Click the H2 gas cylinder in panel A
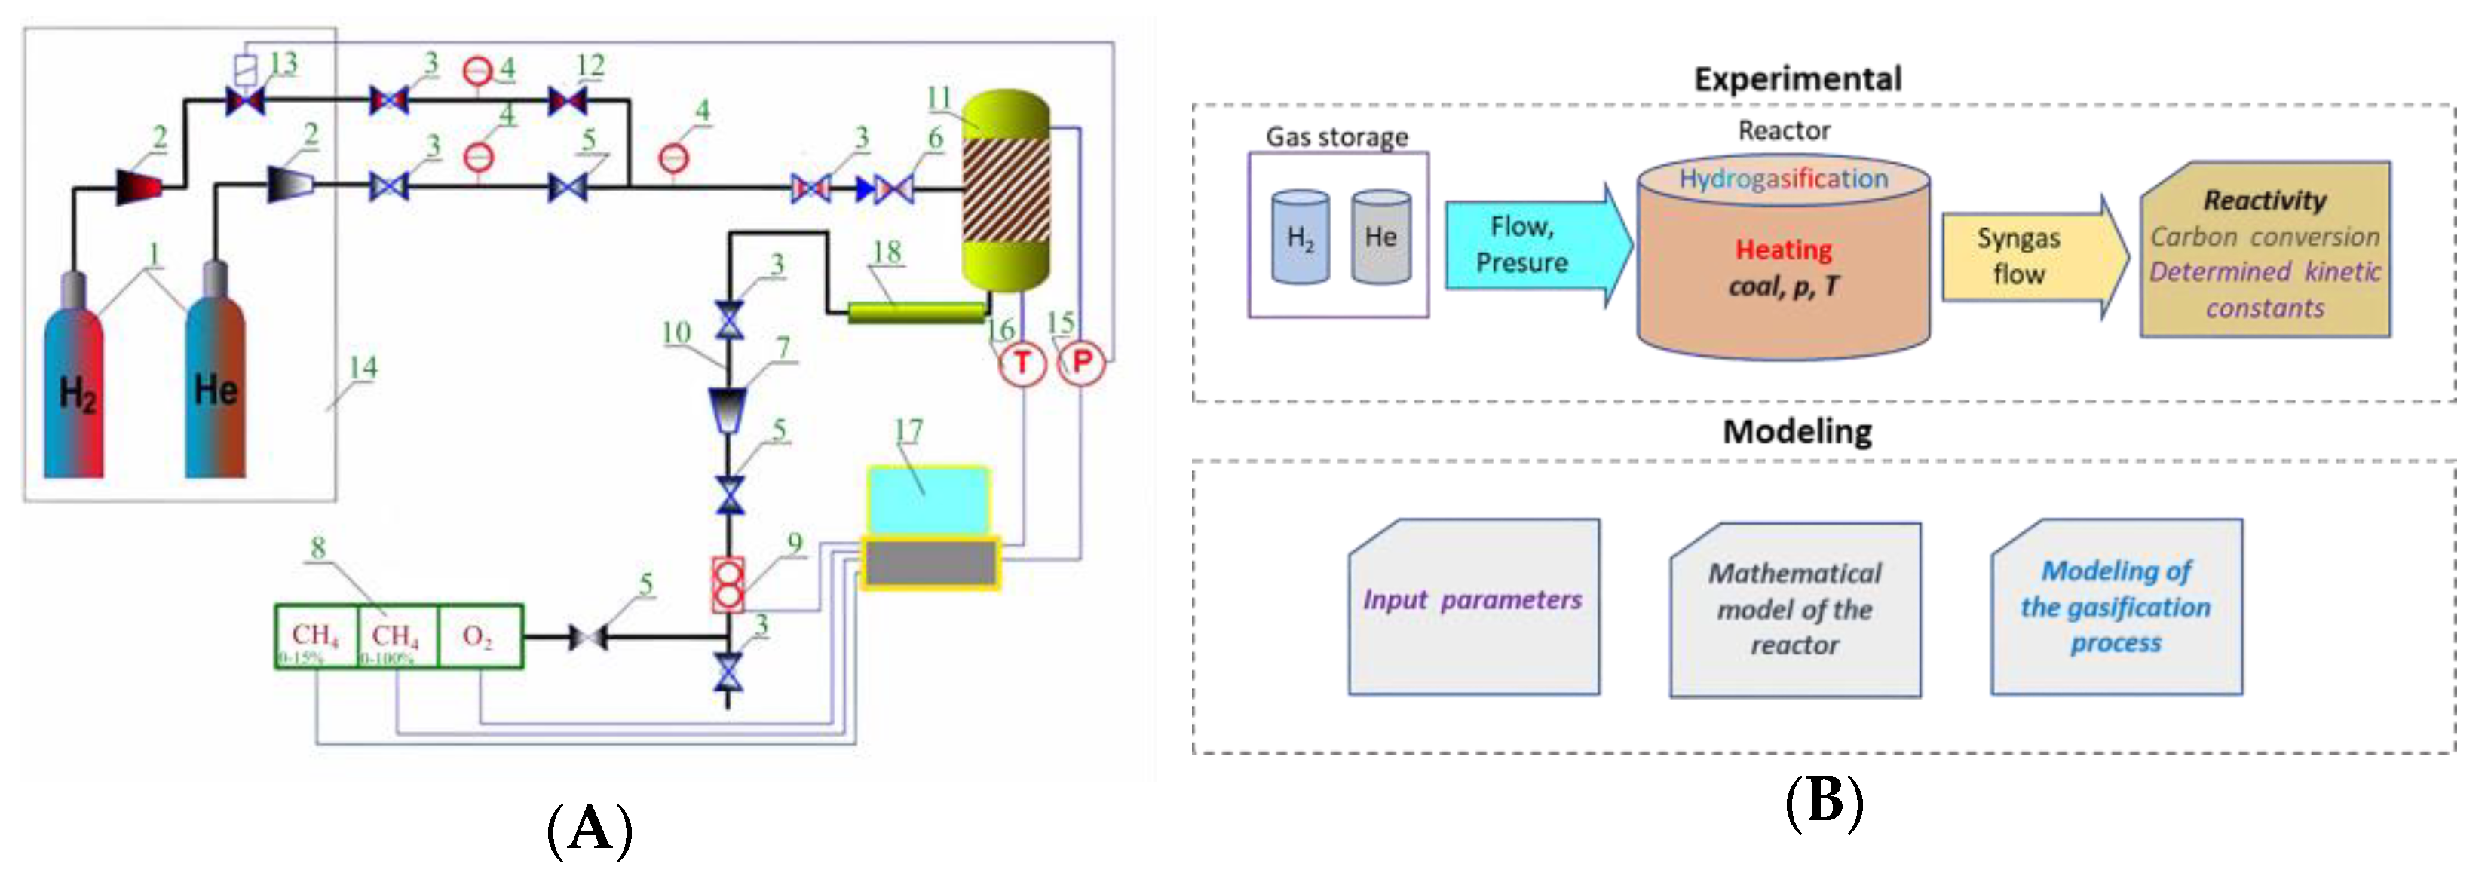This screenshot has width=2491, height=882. pyautogui.click(x=73, y=392)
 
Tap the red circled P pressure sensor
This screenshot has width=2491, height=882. pyautogui.click(x=1081, y=363)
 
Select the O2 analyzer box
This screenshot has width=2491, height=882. pyautogui.click(x=480, y=635)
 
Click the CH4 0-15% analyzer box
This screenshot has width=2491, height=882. pyautogui.click(x=315, y=635)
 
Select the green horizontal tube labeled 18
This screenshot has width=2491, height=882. pyautogui.click(x=916, y=311)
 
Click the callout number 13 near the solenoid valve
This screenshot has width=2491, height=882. pyautogui.click(x=283, y=64)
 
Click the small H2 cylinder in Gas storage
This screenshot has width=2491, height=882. pyautogui.click(x=1300, y=237)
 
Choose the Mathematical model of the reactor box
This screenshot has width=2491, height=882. pyautogui.click(x=1795, y=609)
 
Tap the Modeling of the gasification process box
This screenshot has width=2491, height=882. pyautogui.click(x=2116, y=606)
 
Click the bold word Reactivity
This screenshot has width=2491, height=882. pyautogui.click(x=2264, y=201)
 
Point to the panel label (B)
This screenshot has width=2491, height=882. pyautogui.click(x=1823, y=801)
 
